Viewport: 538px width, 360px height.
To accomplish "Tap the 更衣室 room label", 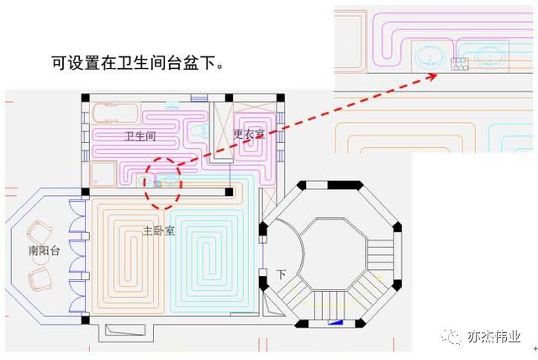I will pos(249,133).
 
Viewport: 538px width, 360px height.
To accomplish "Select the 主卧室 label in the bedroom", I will pos(158,230).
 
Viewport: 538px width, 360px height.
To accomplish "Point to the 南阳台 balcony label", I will pos(43,251).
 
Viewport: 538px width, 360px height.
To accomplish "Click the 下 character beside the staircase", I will pos(281,274).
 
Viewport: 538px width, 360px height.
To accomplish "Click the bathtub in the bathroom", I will pos(112,113).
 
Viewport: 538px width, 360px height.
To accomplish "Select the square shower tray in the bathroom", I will pos(103,175).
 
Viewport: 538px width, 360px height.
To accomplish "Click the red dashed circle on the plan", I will pos(162,182).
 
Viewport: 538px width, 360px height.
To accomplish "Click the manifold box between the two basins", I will pos(459,62).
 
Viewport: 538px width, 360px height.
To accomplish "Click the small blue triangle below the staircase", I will pos(335,321).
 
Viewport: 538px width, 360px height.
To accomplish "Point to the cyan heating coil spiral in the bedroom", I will pos(210,252).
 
